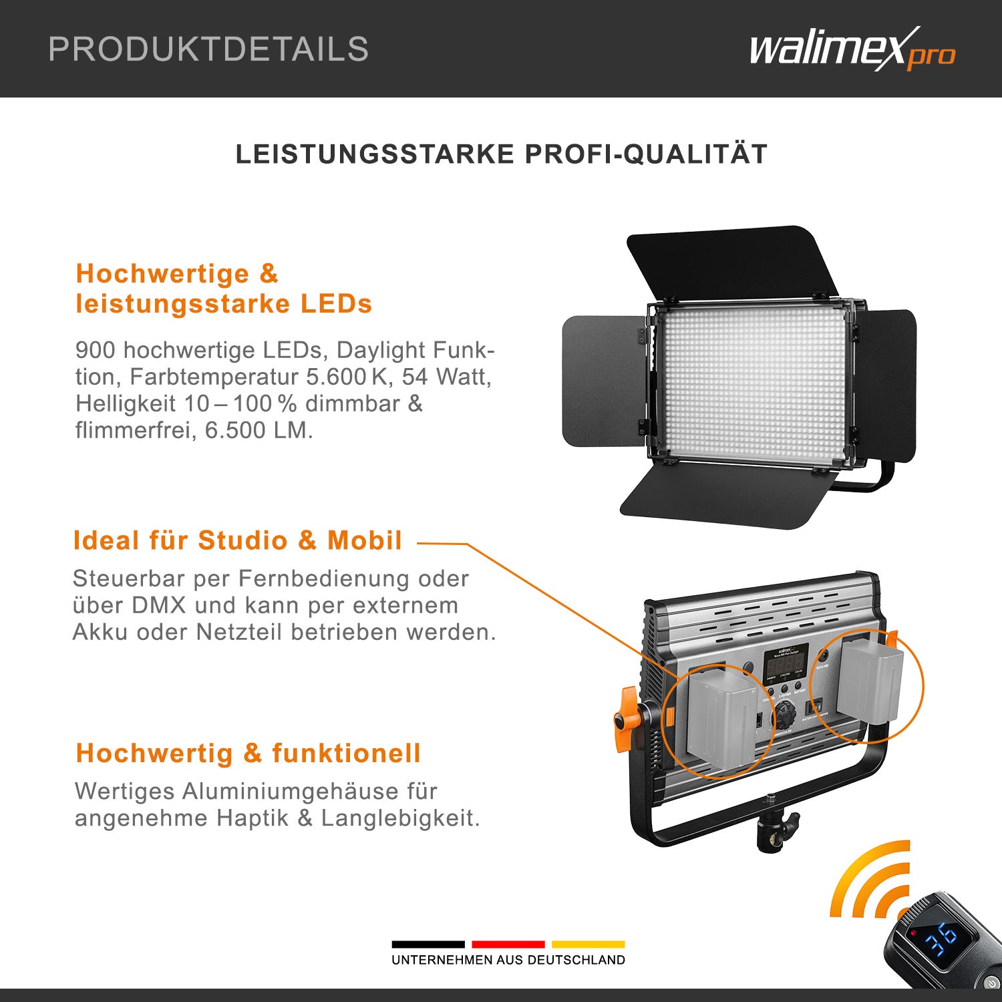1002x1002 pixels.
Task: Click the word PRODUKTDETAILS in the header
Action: pos(208,49)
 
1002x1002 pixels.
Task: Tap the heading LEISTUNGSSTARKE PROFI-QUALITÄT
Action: pos(501,154)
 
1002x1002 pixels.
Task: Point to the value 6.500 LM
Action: pos(259,430)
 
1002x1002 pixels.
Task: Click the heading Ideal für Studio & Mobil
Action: pos(237,540)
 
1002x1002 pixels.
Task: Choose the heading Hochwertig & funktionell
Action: pos(248,753)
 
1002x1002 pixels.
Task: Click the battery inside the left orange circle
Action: pos(718,721)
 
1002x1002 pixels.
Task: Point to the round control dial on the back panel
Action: pos(785,718)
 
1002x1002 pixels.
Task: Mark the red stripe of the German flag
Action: pos(508,944)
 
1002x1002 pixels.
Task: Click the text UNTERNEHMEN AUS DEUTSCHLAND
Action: pos(508,960)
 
